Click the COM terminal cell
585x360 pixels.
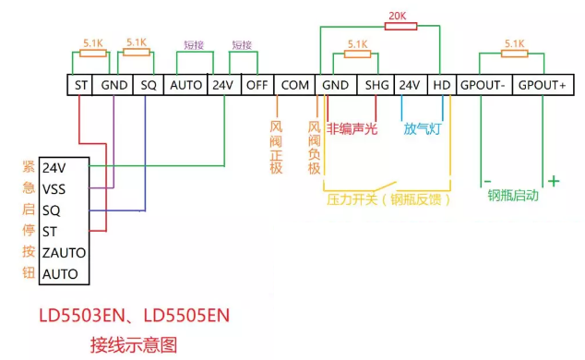click(x=294, y=85)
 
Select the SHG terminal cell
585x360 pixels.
click(x=377, y=85)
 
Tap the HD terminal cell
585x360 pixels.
click(x=442, y=85)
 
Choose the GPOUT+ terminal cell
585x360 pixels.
click(x=542, y=85)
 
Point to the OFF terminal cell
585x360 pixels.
click(x=256, y=85)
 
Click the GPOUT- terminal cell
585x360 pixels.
click(x=484, y=85)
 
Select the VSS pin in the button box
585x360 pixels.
click(x=54, y=189)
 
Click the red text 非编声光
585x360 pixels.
click(x=352, y=129)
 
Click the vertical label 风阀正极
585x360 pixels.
click(x=275, y=146)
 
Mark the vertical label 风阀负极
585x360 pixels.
click(x=314, y=146)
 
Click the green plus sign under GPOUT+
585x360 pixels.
click(x=554, y=181)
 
